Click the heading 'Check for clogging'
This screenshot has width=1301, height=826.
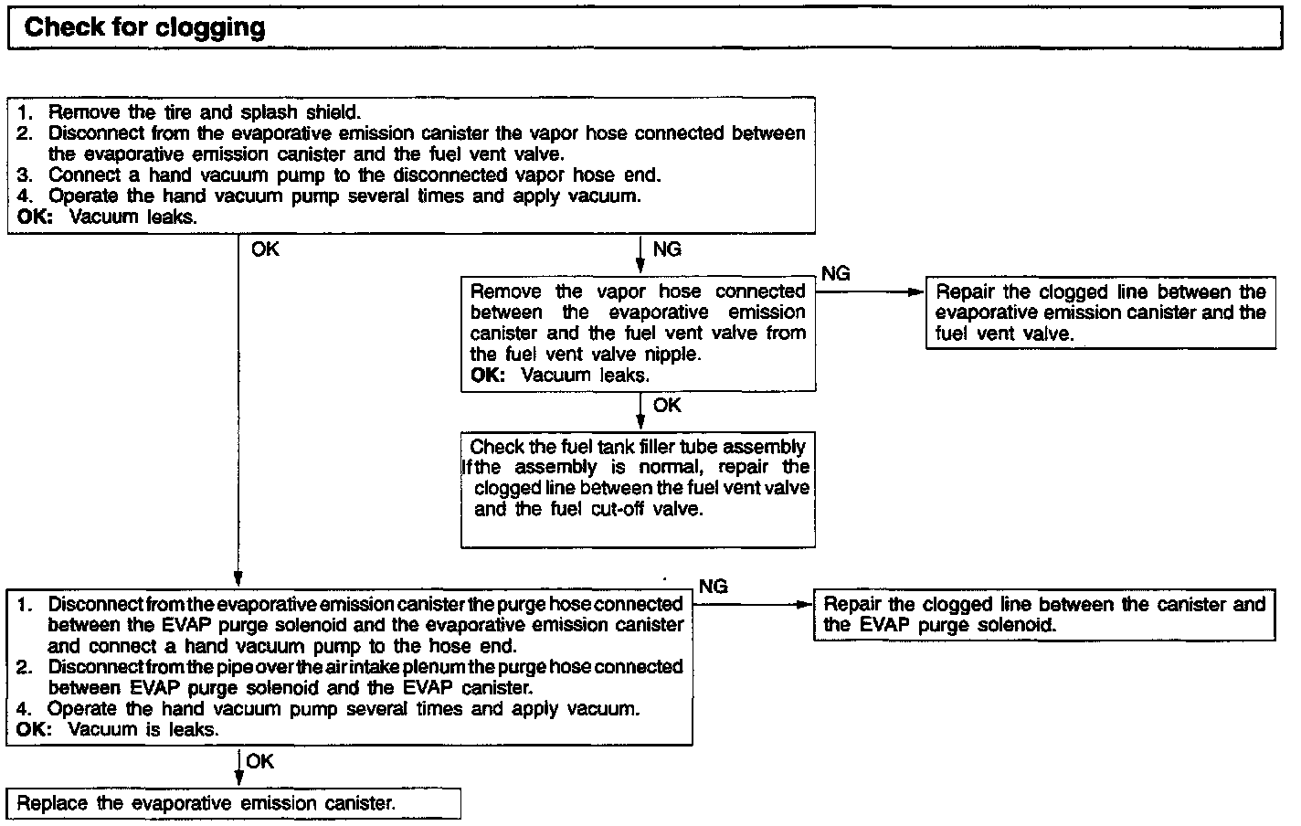[x=144, y=27]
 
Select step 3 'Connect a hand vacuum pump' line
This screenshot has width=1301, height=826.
[x=354, y=175]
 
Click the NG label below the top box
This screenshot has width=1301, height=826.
[x=667, y=249]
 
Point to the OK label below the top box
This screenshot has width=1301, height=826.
[x=265, y=249]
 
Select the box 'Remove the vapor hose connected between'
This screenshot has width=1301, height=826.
[x=638, y=333]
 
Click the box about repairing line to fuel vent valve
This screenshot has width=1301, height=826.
[x=1100, y=312]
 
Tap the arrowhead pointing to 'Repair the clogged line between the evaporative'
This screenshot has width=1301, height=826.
[x=917, y=292]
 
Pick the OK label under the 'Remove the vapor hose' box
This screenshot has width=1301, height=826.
[x=667, y=405]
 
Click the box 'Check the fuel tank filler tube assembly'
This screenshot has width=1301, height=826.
[x=638, y=489]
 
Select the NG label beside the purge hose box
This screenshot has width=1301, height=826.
[x=713, y=587]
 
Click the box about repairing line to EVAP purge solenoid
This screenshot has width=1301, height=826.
[x=1043, y=614]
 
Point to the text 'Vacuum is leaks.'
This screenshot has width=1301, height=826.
[x=143, y=730]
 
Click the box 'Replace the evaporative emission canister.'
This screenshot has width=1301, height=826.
[x=233, y=804]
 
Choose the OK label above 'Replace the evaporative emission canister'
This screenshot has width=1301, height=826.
[x=259, y=761]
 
